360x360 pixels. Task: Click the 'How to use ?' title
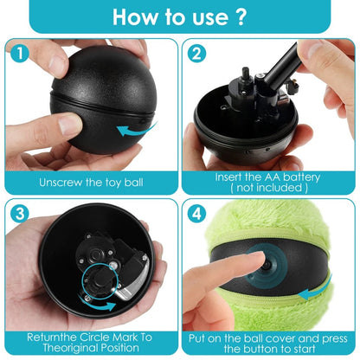179,17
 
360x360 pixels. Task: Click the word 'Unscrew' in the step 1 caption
60,183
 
